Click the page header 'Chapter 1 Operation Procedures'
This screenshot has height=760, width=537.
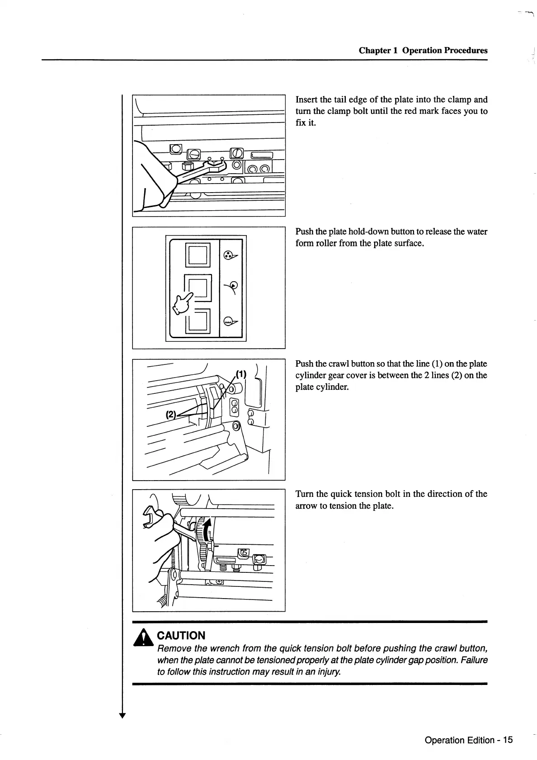pyautogui.click(x=423, y=50)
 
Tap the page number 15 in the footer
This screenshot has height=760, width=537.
pyautogui.click(x=508, y=740)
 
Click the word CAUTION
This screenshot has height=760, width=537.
pyautogui.click(x=181, y=635)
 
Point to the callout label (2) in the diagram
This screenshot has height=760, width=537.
pyautogui.click(x=171, y=414)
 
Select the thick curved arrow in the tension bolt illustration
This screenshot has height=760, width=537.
pyautogui.click(x=207, y=530)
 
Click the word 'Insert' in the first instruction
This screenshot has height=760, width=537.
pyautogui.click(x=306, y=99)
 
